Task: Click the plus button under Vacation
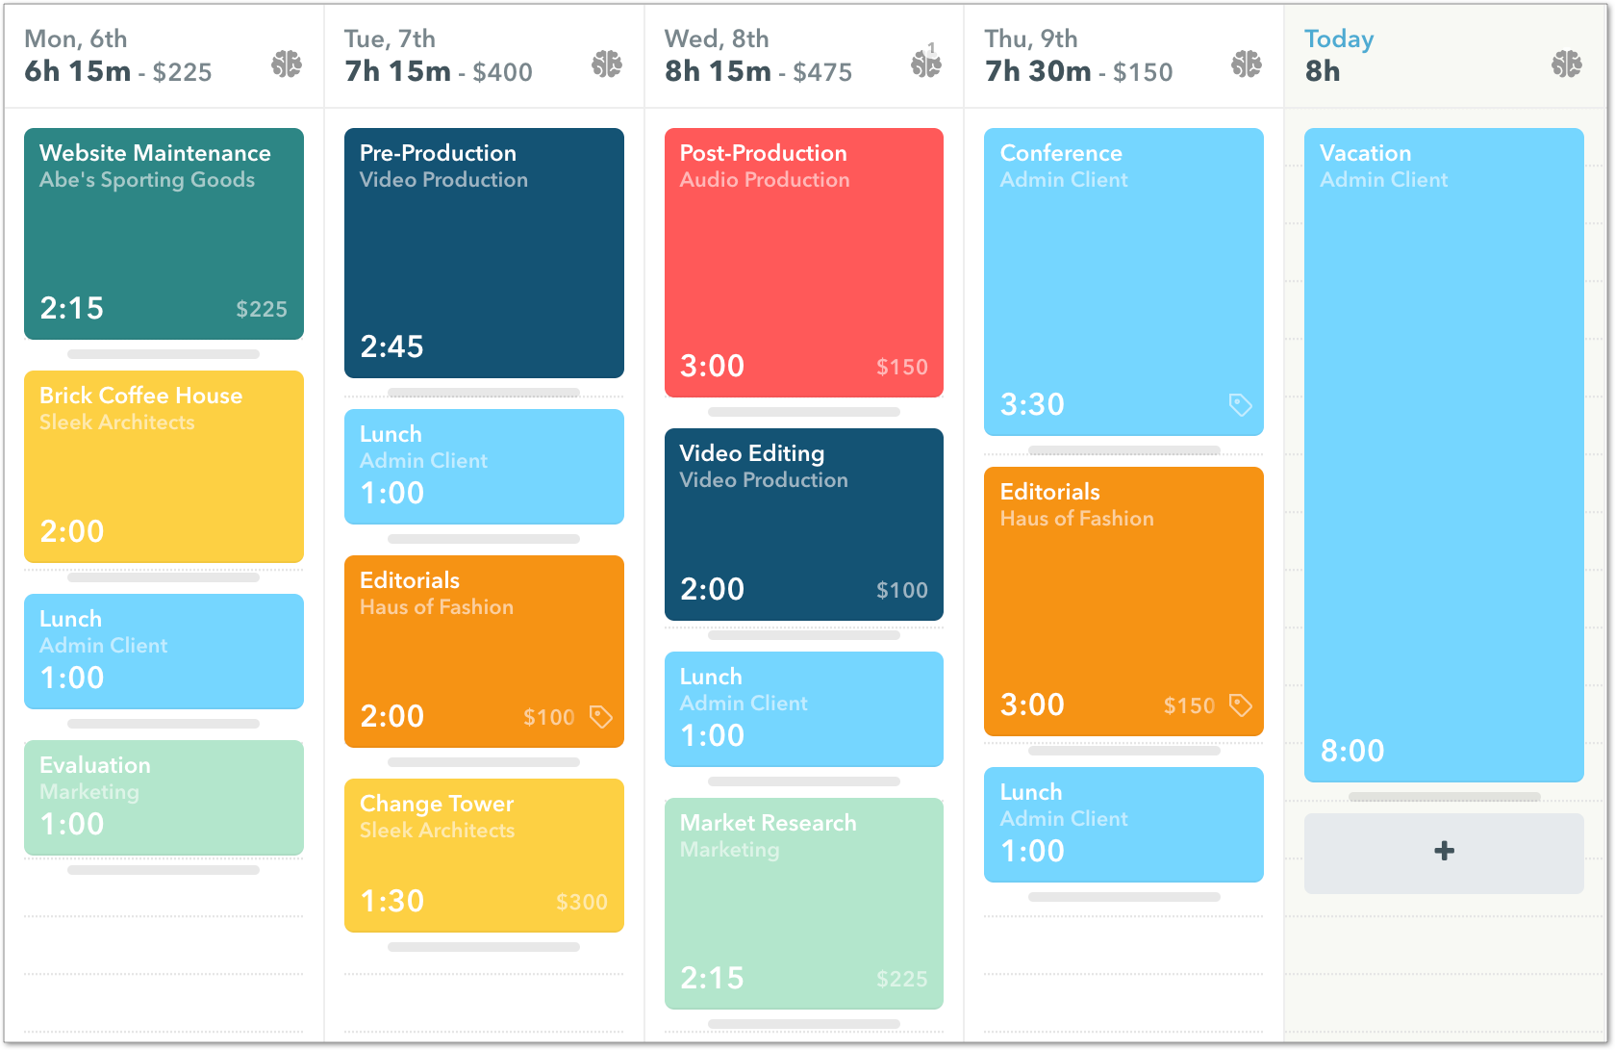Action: (1443, 852)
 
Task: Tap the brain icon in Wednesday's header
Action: (925, 64)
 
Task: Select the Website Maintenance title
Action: (155, 153)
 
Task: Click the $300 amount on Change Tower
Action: (581, 902)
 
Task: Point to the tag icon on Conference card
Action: (1240, 404)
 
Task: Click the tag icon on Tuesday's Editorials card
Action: (600, 716)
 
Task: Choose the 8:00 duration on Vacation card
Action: (1351, 751)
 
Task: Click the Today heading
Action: (1338, 39)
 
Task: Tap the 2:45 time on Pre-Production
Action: (391, 346)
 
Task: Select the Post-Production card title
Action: (763, 153)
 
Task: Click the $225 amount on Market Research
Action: (901, 979)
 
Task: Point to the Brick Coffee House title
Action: (140, 396)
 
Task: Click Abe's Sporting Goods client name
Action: (147, 180)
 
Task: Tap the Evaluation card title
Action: (95, 765)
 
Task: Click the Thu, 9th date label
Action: (1030, 39)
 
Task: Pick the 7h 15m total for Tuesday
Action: (397, 71)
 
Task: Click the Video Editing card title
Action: (751, 453)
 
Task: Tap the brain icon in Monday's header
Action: (286, 64)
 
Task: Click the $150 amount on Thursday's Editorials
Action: (1189, 705)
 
